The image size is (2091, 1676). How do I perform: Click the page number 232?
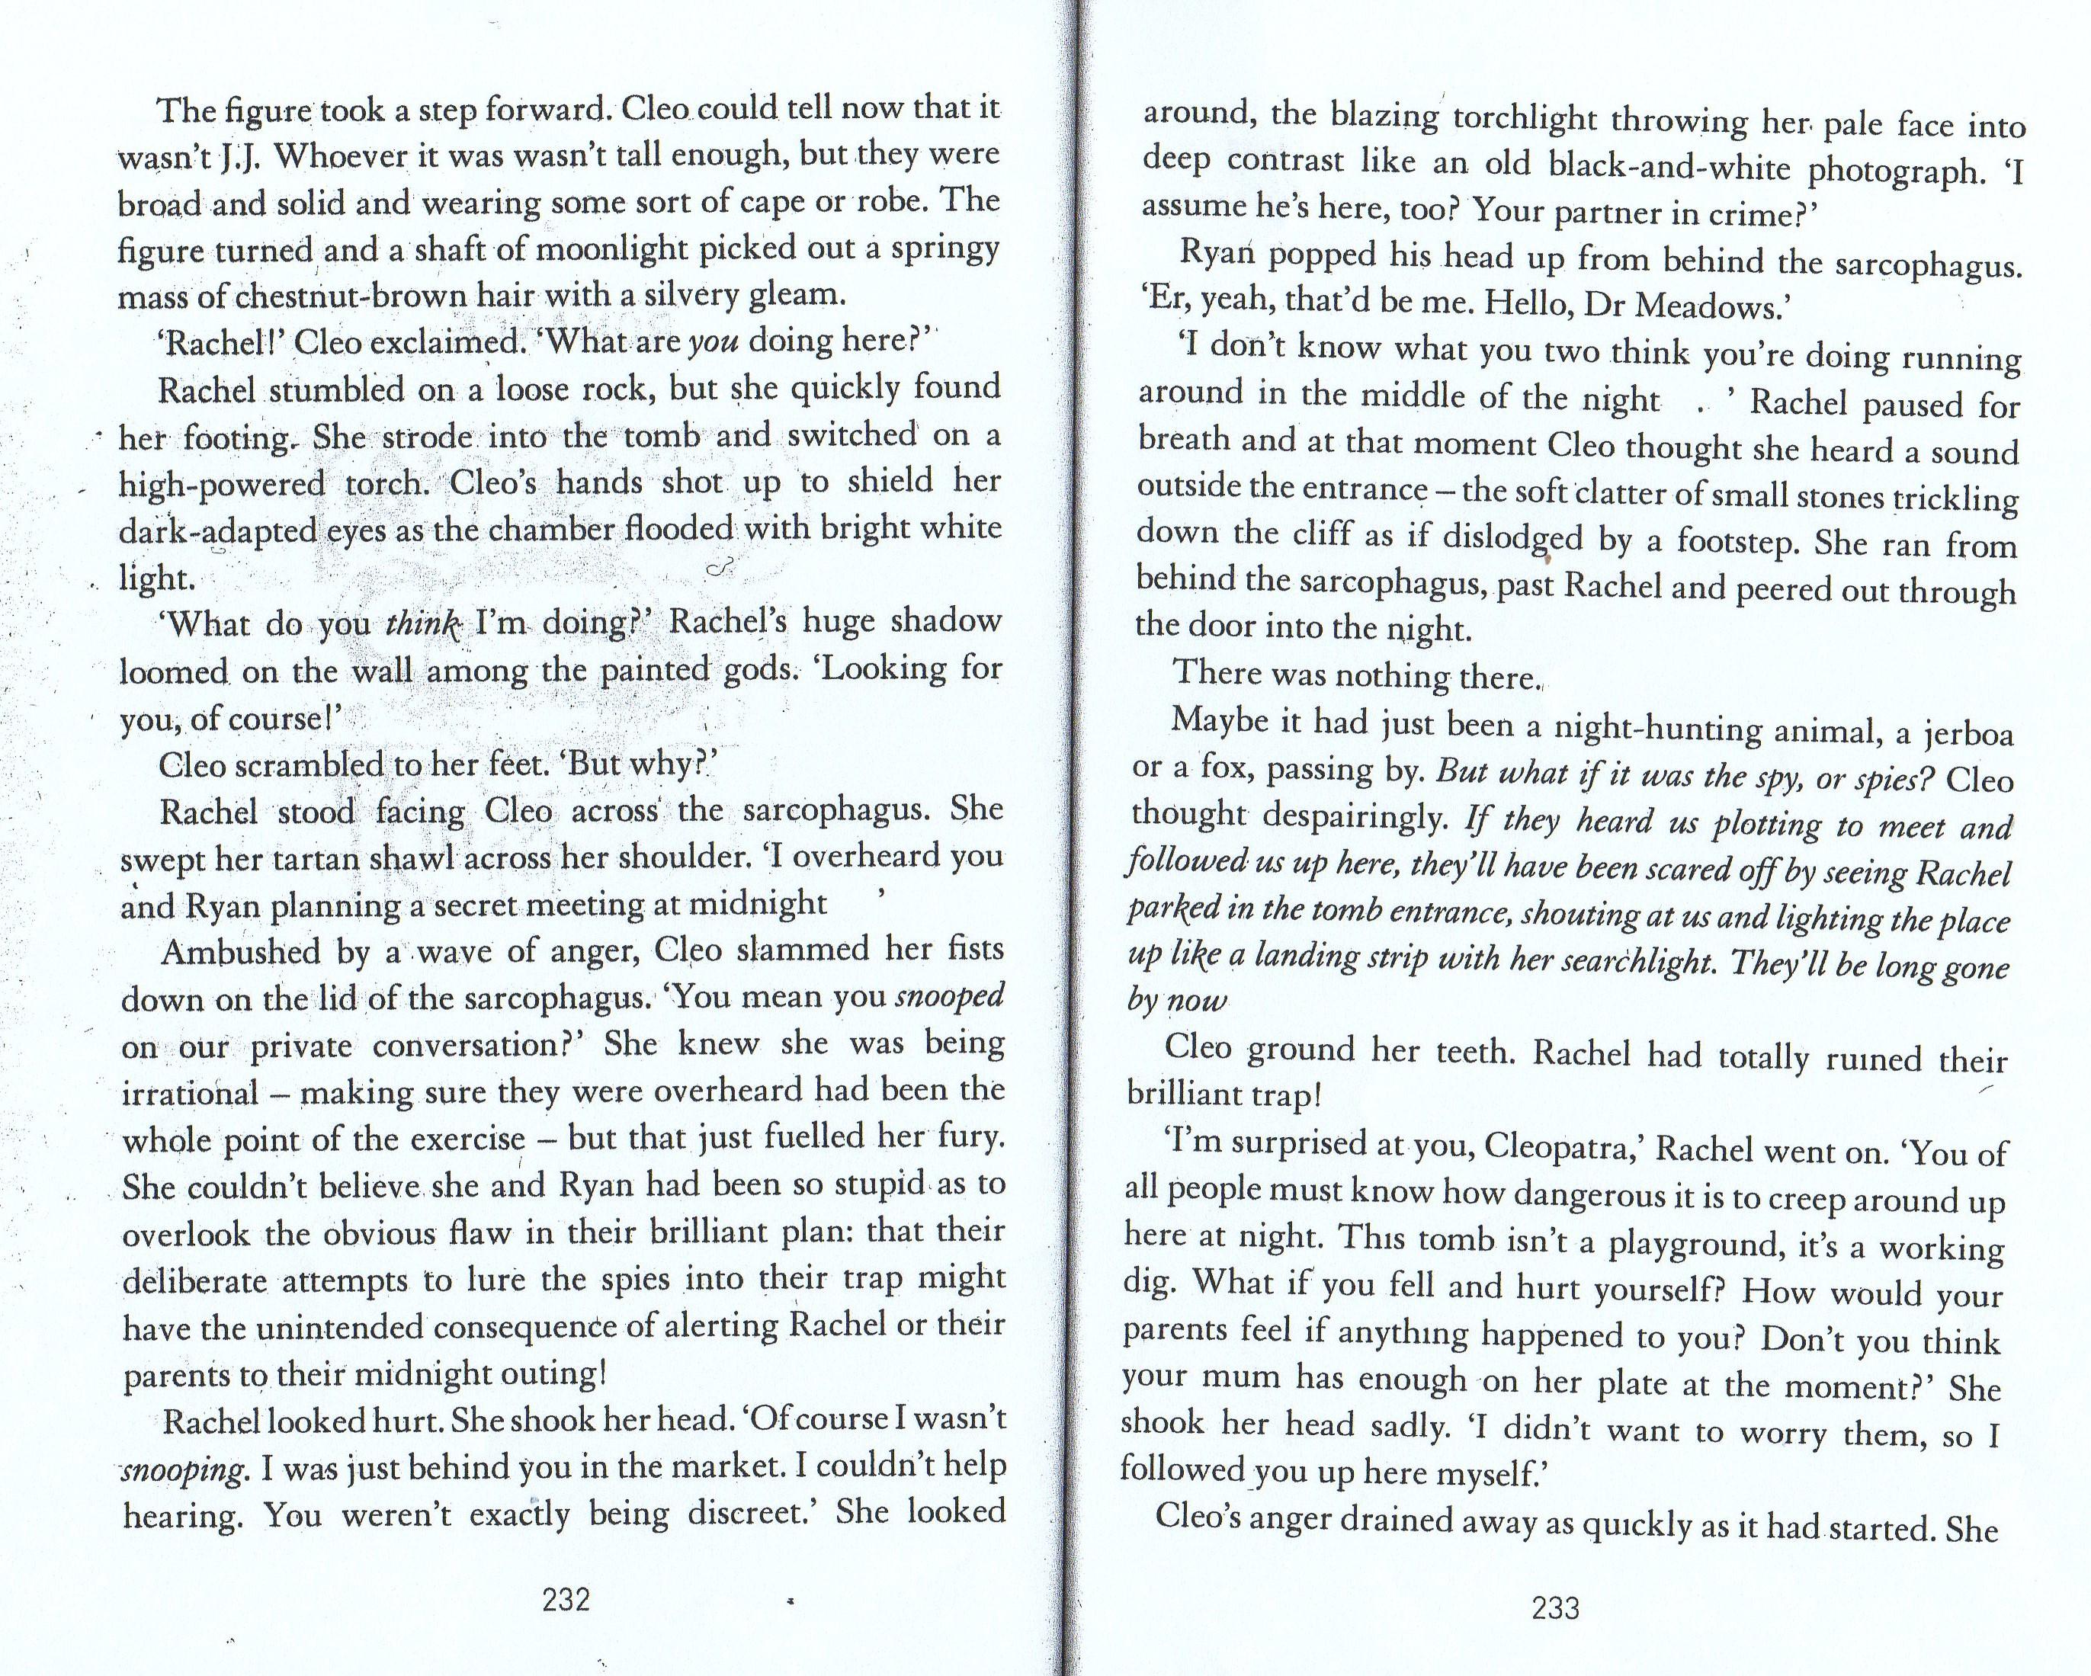[x=566, y=1598]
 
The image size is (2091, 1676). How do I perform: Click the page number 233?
[x=1556, y=1608]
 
